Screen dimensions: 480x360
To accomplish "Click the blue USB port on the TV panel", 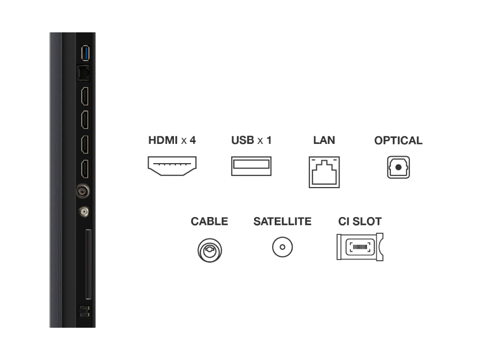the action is click(85, 53).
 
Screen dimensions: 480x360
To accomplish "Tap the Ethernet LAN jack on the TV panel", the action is click(83, 73).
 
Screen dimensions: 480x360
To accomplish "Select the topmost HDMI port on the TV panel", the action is click(85, 96).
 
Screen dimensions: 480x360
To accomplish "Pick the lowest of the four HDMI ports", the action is click(85, 169).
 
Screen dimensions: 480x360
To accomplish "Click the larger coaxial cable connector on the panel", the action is click(83, 191).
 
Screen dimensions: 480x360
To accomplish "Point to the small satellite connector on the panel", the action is click(84, 211).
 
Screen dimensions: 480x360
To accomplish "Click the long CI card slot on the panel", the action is click(89, 264).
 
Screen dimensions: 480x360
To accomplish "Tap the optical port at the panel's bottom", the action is click(84, 312).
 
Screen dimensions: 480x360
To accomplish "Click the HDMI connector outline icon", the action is click(172, 166).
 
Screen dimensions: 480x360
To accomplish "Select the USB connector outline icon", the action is click(251, 166).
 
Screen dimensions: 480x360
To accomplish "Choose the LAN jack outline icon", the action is click(324, 172).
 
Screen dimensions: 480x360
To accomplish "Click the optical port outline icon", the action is click(398, 167).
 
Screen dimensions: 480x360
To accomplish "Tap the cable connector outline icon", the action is click(210, 250).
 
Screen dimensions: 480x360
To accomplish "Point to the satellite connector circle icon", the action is click(283, 247).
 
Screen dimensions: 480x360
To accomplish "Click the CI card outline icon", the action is click(360, 247).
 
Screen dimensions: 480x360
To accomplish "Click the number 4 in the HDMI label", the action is click(193, 140).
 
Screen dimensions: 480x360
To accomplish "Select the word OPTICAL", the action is click(398, 141).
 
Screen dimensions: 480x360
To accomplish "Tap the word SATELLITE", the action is click(282, 221).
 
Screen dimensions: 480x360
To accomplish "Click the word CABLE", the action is click(210, 221).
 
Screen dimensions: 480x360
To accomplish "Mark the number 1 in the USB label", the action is click(269, 140).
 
